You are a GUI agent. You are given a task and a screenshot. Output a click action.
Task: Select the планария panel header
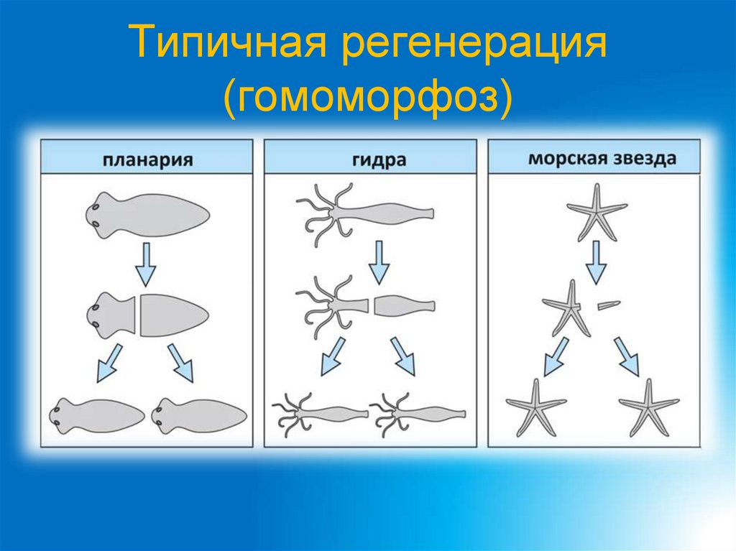[147, 157]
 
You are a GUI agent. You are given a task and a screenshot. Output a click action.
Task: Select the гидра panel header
[370, 157]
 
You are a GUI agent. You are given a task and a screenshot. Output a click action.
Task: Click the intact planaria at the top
[147, 214]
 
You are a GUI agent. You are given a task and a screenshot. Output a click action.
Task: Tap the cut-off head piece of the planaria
[108, 315]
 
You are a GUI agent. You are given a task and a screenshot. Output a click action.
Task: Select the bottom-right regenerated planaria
[200, 415]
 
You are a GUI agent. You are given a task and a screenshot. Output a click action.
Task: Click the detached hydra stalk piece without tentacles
[404, 305]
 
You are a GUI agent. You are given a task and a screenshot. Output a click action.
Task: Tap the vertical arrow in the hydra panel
[379, 263]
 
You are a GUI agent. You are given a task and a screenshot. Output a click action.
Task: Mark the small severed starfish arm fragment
[609, 305]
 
